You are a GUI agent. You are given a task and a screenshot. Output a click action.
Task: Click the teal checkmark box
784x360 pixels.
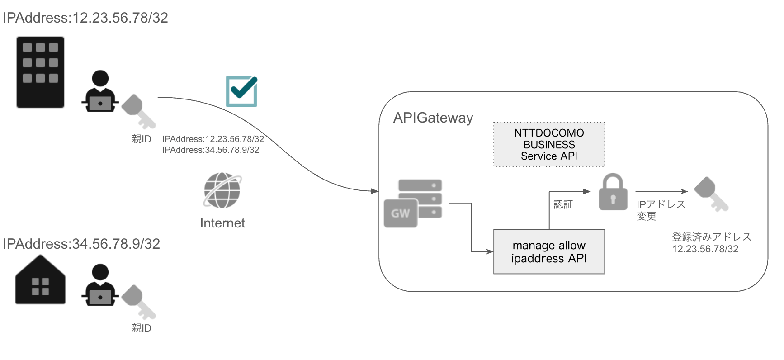point(241,91)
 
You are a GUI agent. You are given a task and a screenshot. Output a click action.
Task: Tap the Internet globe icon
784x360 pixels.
point(222,190)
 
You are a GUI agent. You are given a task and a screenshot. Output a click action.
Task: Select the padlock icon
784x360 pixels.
point(613,193)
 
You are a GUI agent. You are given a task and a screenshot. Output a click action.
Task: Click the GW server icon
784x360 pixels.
point(412,203)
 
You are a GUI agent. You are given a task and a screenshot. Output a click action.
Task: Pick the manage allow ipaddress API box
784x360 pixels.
point(549,252)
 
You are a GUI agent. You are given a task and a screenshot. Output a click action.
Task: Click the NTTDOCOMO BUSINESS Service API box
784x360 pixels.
point(549,144)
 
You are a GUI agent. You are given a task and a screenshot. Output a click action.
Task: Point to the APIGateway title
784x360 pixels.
point(433,118)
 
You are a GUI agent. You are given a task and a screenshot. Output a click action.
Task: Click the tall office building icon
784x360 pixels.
point(40,72)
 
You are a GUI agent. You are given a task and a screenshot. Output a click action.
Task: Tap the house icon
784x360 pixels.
point(40,280)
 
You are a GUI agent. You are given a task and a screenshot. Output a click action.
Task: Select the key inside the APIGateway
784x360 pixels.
point(711,194)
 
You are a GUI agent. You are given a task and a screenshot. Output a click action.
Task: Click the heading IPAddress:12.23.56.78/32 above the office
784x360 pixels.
point(85,18)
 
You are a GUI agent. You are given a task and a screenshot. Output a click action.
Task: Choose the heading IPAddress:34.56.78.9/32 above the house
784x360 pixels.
point(81,244)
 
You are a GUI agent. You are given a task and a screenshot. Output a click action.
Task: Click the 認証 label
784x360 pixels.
point(563,204)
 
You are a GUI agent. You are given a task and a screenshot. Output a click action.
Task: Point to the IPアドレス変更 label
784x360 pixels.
point(660,210)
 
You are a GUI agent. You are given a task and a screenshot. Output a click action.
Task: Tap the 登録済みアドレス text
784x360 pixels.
point(711,237)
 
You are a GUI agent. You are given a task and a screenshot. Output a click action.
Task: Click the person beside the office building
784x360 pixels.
point(100,91)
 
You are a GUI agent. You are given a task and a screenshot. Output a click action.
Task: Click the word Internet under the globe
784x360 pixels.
point(222,223)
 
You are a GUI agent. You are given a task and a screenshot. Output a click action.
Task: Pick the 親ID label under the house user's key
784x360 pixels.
point(141,328)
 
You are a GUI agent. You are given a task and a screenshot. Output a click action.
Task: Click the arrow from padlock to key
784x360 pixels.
point(661,192)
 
